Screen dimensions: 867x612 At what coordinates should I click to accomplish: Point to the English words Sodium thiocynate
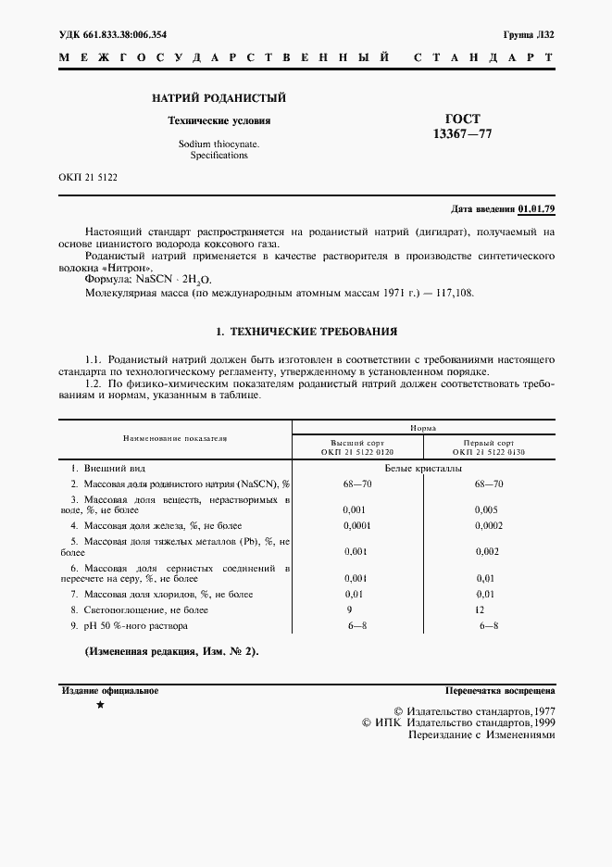(219, 144)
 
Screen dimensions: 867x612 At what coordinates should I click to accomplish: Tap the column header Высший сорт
(357, 443)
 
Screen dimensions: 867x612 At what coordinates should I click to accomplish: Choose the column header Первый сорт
(489, 443)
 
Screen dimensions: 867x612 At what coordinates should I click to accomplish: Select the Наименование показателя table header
(175, 437)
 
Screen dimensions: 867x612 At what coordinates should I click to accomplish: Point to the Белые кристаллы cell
(423, 469)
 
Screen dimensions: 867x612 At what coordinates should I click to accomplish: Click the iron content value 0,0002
(489, 526)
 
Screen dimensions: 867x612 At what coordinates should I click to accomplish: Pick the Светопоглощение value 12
(480, 610)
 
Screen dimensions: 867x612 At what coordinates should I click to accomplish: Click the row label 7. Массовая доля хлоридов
(162, 594)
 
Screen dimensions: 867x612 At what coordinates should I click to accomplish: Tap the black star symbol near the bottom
(100, 707)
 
